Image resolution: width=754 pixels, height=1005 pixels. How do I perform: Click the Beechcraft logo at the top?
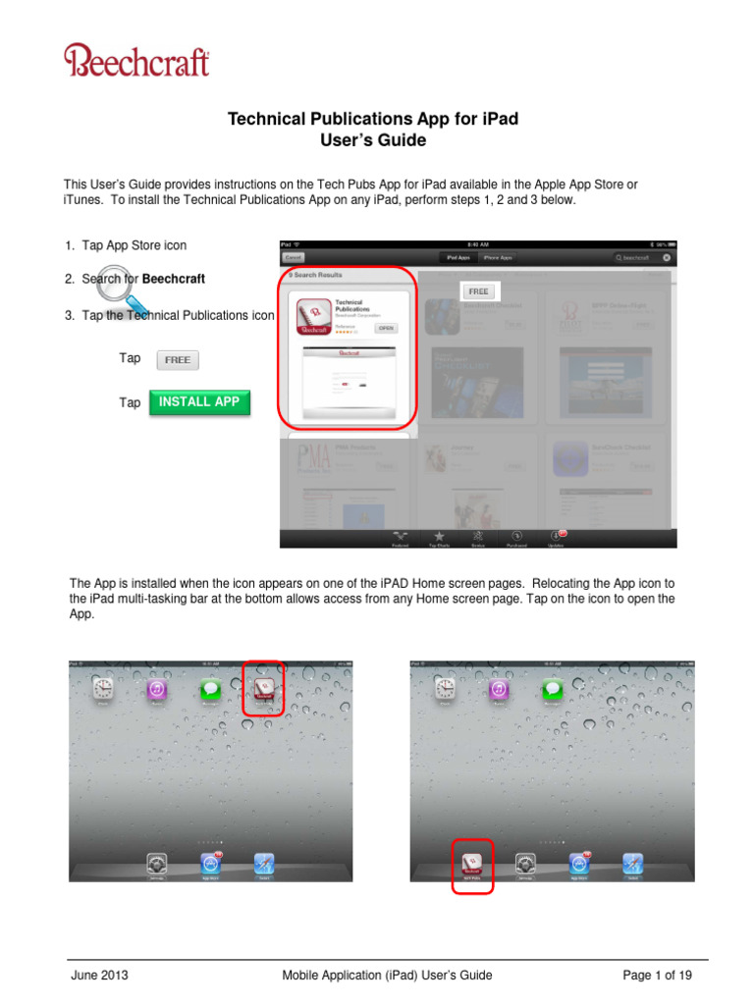tap(136, 61)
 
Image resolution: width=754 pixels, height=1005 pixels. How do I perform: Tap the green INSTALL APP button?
tap(199, 402)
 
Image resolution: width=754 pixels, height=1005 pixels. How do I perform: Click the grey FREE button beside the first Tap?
tap(178, 360)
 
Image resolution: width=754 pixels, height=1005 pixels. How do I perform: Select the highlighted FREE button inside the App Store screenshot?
tap(478, 291)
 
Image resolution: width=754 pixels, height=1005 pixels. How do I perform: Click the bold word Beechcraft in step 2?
tap(174, 279)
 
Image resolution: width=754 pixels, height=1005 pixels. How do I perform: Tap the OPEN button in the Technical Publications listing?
tap(387, 328)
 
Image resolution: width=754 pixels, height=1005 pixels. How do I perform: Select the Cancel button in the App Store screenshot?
tap(293, 257)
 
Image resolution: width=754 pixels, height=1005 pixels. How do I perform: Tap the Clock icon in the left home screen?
tap(103, 690)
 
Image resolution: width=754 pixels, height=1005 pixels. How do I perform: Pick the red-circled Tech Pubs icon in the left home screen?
tap(263, 688)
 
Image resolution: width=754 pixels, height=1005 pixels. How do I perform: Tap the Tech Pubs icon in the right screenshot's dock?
tap(471, 864)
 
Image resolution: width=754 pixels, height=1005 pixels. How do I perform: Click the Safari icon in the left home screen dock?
tap(263, 865)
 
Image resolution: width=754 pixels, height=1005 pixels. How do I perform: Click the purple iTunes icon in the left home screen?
tap(157, 690)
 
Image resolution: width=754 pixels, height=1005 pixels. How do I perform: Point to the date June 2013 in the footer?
tap(99, 975)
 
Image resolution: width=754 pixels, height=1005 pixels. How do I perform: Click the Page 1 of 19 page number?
tap(657, 975)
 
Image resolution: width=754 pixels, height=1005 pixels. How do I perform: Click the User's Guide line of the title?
tap(373, 140)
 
